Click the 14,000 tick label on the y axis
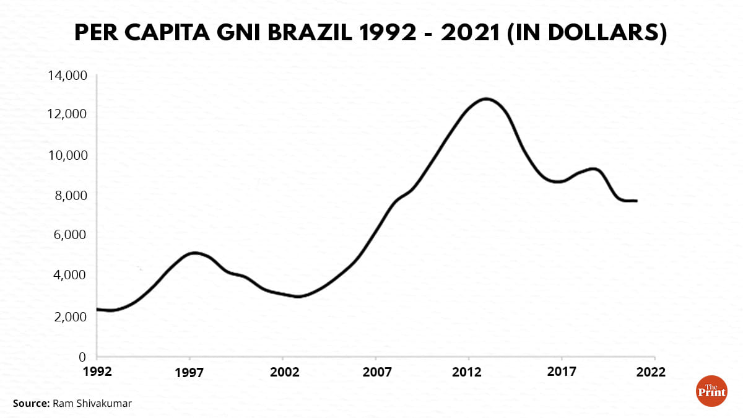click(67, 76)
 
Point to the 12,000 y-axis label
click(67, 115)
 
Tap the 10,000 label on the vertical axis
click(67, 155)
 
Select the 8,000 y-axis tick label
click(71, 195)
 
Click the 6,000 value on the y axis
click(71, 235)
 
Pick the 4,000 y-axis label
click(71, 276)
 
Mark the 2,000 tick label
click(71, 316)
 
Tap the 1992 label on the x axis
click(97, 372)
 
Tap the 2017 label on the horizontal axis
click(562, 372)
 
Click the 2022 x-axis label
click(654, 372)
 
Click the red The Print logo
click(712, 391)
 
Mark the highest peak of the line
click(487, 98)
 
